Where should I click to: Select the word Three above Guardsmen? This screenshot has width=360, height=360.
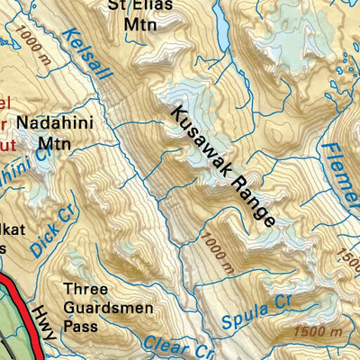coord(85,289)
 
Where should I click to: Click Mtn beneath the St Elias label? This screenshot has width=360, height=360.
coord(139,24)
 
